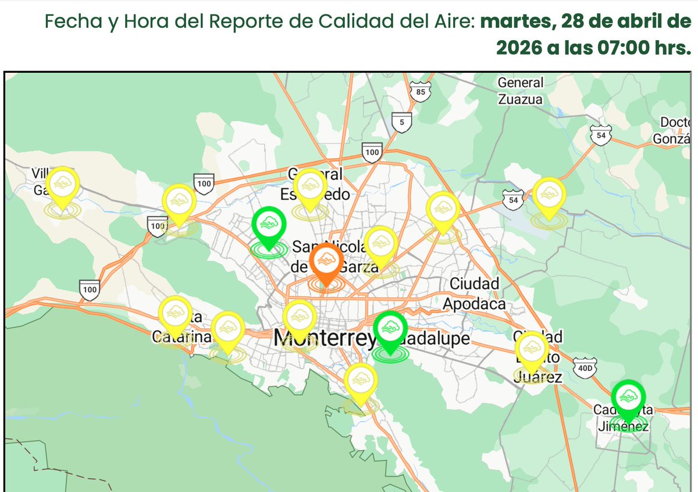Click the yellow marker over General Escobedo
coord(309,186)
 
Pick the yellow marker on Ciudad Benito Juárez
coord(532,349)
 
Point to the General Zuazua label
coord(520,91)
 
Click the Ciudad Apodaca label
coord(474,294)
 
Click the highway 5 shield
coord(401,122)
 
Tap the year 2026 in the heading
coord(519,48)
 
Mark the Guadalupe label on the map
coord(436,338)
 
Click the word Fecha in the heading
coord(66,22)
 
